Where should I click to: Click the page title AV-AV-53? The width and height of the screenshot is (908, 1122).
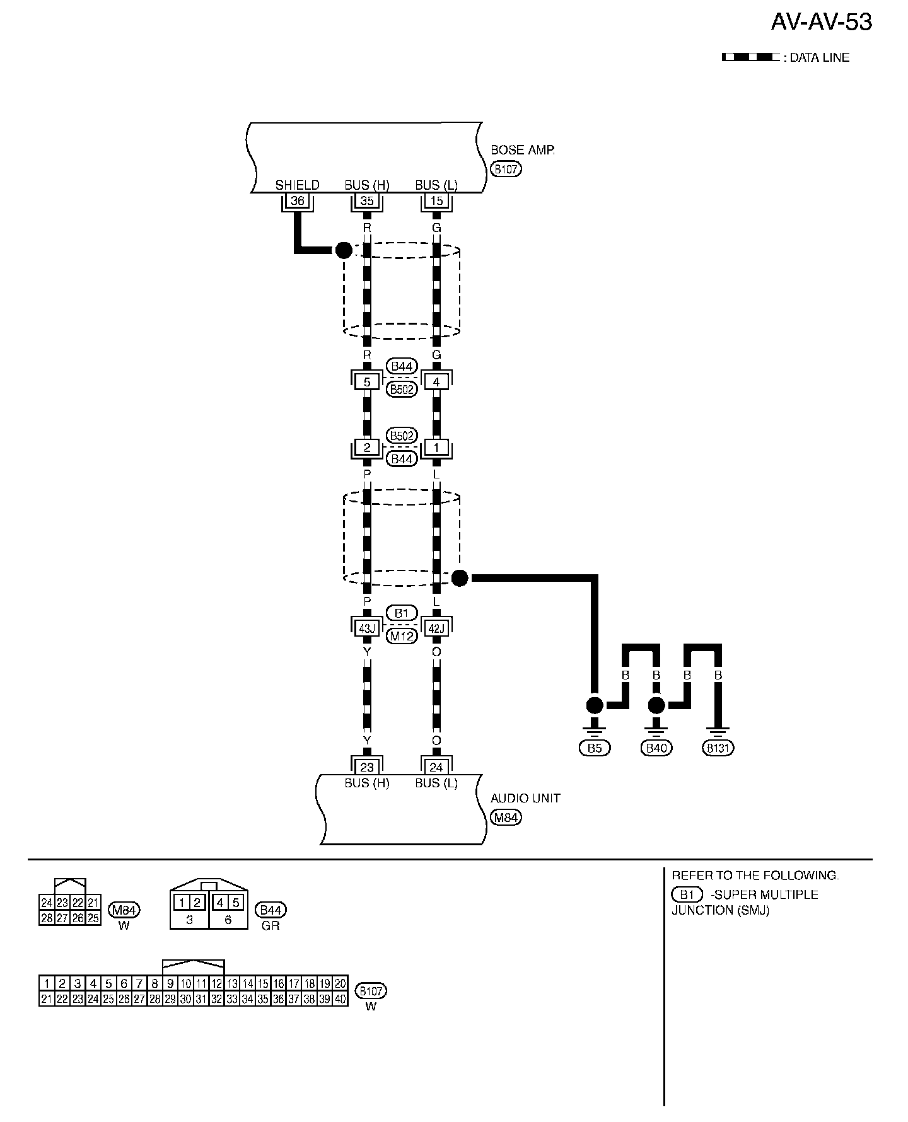tap(821, 22)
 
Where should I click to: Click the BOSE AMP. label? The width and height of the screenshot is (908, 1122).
tap(522, 150)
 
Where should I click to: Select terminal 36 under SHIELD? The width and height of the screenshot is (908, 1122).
tap(298, 201)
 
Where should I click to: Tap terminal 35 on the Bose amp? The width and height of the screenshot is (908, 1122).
tap(367, 201)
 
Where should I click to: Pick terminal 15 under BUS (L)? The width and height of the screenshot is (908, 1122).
tap(436, 201)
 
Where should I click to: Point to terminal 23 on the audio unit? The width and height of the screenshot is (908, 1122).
tap(367, 767)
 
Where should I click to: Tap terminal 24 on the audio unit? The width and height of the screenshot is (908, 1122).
tap(436, 767)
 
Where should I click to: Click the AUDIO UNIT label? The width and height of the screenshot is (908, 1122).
tap(525, 798)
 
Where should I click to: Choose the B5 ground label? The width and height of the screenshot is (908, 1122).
tap(595, 748)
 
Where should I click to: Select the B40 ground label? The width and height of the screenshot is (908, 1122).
tap(656, 748)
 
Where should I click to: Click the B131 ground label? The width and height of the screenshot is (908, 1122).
tap(718, 748)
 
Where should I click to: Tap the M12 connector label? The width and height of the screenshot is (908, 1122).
tap(402, 636)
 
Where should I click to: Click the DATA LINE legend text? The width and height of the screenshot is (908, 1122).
tap(820, 57)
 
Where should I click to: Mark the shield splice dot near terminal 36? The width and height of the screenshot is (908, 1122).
tap(343, 250)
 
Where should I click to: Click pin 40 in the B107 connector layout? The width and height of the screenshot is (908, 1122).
tap(340, 999)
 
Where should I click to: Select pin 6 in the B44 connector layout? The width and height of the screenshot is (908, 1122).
tap(228, 920)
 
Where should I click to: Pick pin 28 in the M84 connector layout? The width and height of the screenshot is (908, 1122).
tap(47, 918)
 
